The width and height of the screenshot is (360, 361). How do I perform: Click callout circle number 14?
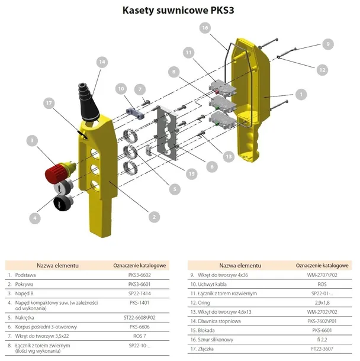[x=102, y=62]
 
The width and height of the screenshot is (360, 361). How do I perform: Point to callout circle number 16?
[x=205, y=28]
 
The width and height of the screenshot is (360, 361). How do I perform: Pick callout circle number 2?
[x=153, y=217]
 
